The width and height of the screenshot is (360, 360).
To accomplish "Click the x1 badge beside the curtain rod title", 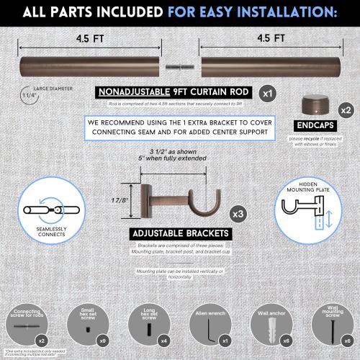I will click(x=267, y=92).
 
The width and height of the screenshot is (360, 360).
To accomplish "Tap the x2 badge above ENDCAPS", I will click(x=346, y=109).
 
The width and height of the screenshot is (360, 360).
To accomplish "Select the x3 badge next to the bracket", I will click(x=238, y=214).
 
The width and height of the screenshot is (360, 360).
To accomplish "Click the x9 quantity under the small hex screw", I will click(x=104, y=340).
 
